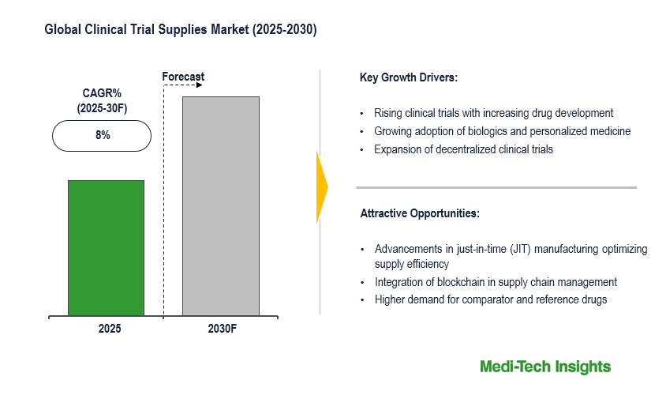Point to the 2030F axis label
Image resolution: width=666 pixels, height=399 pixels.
(x=221, y=328)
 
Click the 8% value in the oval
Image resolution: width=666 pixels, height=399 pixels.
(x=102, y=135)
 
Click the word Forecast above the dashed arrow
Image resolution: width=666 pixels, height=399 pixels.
(x=183, y=77)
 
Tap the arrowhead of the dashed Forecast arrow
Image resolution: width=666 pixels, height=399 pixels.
(x=199, y=85)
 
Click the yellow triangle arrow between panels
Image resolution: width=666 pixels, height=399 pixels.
(x=321, y=186)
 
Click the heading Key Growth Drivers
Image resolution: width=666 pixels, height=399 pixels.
(x=409, y=77)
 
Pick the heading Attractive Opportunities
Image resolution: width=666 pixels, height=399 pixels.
(x=420, y=213)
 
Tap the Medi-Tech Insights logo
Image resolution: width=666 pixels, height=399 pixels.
(x=545, y=367)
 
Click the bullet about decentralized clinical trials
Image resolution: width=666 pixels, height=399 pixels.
(x=463, y=149)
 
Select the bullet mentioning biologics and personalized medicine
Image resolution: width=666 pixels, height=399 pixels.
(x=502, y=131)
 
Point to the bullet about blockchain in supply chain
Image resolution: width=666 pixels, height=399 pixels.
(x=496, y=282)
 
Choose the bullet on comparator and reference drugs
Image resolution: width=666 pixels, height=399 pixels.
(x=491, y=299)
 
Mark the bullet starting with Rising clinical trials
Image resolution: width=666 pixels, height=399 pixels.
(x=493, y=113)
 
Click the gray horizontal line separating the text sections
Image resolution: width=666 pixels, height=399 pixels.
(x=496, y=187)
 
